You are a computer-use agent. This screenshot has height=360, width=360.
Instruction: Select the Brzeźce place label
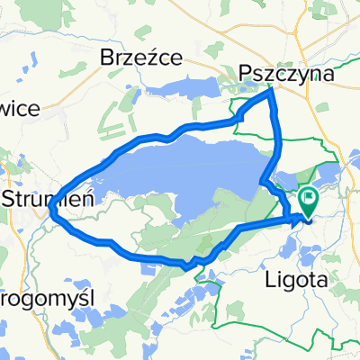pyautogui.click(x=140, y=58)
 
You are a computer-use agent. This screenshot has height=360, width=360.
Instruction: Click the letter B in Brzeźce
pyautogui.click(x=104, y=58)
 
